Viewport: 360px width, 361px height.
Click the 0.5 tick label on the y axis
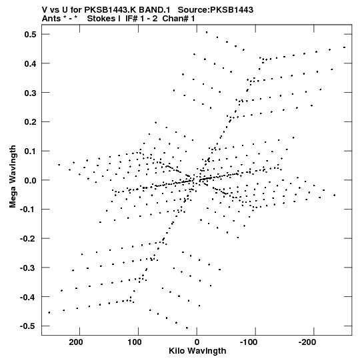click(x=31, y=35)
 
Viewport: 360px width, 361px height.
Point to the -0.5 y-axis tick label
click(x=28, y=326)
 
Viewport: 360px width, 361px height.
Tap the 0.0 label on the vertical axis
click(x=31, y=180)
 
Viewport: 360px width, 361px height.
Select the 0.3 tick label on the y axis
click(x=31, y=93)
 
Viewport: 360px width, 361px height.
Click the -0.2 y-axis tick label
click(x=28, y=239)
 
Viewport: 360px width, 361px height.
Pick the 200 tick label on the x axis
click(x=76, y=342)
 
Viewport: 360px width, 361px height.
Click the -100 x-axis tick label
click(x=249, y=342)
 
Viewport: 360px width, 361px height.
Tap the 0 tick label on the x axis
click(x=197, y=342)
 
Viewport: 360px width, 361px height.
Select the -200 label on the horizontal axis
click(x=307, y=342)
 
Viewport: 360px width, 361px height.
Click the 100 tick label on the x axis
click(x=135, y=342)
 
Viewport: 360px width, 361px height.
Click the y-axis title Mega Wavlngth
click(x=13, y=177)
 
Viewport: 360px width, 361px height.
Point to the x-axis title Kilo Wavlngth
click(x=197, y=351)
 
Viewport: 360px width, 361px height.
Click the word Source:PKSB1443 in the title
click(x=215, y=10)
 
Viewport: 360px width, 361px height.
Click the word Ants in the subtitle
click(x=51, y=19)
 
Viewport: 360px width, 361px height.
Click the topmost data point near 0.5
click(x=207, y=32)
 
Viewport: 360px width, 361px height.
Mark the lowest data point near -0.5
click(x=187, y=328)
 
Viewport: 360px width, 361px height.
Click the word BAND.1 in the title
click(x=155, y=10)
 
